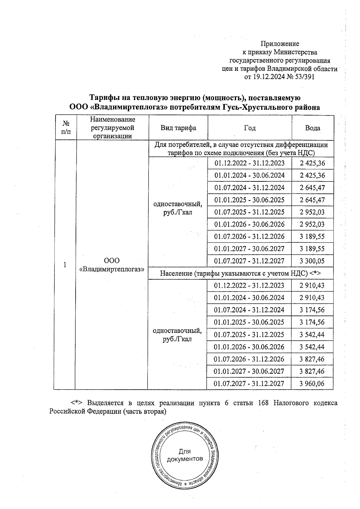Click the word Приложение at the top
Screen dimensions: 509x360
(x=280, y=44)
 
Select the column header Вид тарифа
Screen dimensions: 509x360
(x=178, y=128)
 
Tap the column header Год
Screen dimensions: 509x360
(x=250, y=128)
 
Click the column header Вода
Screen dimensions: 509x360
(x=313, y=128)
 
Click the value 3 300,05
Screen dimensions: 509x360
(x=312, y=261)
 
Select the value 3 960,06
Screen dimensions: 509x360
(x=312, y=384)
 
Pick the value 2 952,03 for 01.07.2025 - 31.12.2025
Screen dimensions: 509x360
(x=312, y=212)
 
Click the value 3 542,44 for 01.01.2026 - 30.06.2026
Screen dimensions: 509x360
(x=312, y=347)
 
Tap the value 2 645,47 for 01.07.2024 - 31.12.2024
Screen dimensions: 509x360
(x=312, y=188)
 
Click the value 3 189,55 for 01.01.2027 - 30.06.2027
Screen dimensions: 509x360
(x=312, y=249)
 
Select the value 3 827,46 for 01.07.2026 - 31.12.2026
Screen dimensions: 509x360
(x=312, y=359)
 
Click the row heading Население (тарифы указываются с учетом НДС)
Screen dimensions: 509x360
(x=234, y=273)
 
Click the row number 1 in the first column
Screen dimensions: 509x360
(x=65, y=265)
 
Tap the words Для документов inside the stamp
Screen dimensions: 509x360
(x=185, y=455)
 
